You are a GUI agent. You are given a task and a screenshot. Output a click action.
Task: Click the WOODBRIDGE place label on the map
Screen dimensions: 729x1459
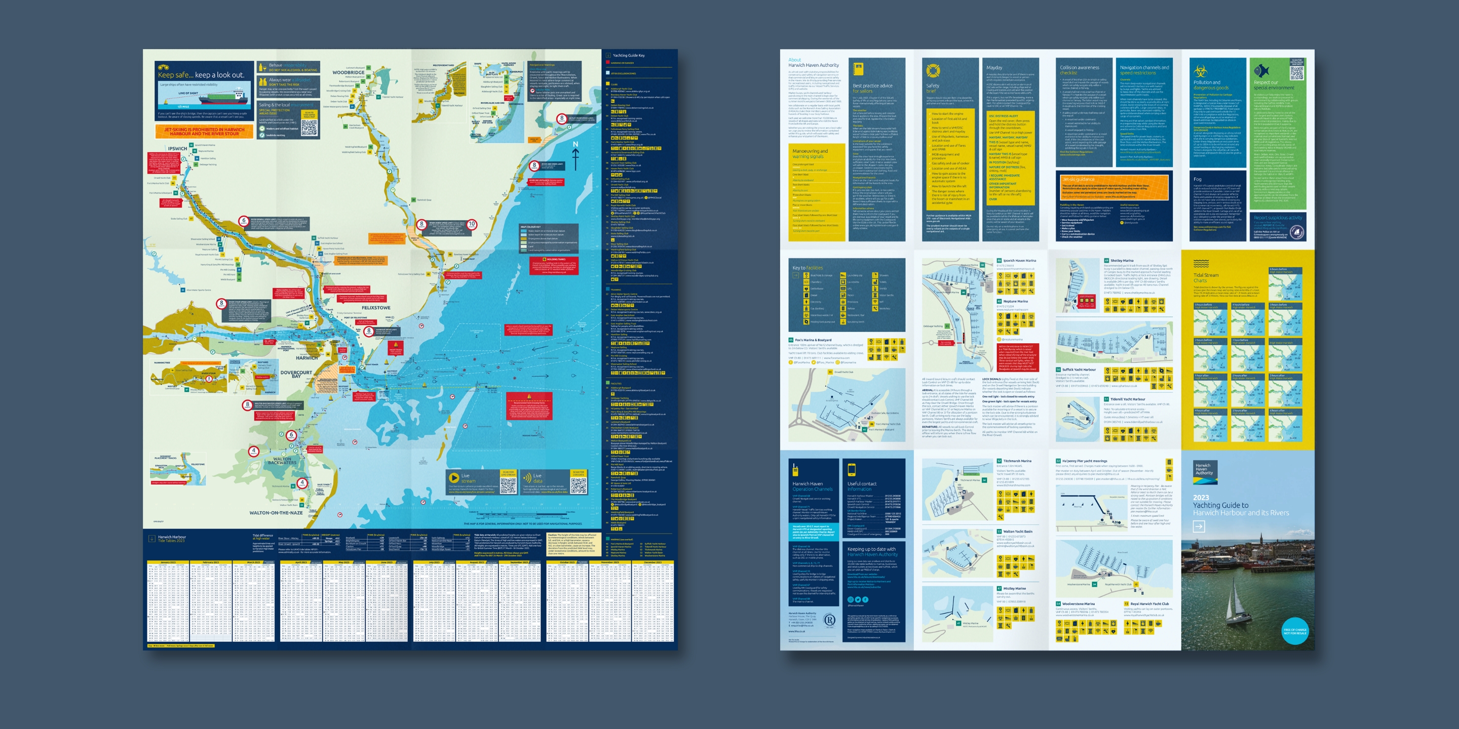click(349, 72)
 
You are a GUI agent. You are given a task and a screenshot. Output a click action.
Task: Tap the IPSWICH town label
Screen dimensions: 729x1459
click(177, 148)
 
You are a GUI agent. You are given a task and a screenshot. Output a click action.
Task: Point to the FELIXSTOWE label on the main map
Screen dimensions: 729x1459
click(375, 308)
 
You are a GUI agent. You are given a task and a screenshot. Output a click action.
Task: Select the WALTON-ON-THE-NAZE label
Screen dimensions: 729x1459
click(276, 513)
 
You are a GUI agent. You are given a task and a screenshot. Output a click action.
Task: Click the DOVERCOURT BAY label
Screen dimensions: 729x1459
click(296, 374)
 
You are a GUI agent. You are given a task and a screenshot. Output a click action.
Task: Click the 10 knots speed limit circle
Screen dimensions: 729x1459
click(472, 224)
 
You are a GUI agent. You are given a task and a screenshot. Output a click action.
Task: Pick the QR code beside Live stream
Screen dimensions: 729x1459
click(508, 484)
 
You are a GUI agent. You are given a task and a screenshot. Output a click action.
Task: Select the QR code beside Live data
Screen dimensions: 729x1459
click(578, 484)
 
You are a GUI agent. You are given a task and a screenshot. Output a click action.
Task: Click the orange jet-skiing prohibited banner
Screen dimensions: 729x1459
click(204, 131)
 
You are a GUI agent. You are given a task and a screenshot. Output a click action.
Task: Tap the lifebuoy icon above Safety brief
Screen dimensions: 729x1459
click(933, 71)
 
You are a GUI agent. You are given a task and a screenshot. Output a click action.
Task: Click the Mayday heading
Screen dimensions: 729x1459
click(994, 67)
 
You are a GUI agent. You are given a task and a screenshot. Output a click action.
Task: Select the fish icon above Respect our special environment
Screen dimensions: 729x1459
click(1261, 71)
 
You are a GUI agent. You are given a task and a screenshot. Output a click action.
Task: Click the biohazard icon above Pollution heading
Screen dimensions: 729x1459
click(1200, 71)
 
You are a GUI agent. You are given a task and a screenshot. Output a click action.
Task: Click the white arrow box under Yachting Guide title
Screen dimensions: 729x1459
click(1199, 526)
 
